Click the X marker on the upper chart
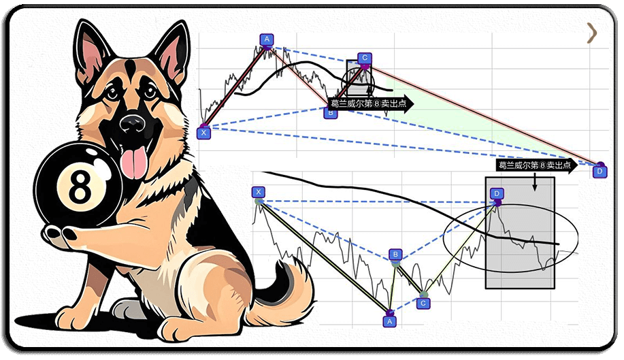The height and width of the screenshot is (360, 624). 203,133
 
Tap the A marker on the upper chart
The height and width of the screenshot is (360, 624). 267,39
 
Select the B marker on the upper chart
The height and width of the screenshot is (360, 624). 330,113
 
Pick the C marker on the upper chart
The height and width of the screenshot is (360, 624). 365,58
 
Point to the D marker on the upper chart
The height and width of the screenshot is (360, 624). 600,172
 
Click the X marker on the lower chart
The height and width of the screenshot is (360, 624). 259,192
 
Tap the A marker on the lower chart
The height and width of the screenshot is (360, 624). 390,321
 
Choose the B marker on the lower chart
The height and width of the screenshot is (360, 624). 395,255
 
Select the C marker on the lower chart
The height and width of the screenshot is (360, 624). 423,304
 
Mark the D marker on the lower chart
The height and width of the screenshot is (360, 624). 497,194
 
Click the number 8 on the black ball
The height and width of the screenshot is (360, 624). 80,186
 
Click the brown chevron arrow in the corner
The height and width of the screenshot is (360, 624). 592,33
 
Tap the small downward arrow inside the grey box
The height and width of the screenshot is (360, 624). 534,182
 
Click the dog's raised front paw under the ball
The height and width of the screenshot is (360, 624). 60,235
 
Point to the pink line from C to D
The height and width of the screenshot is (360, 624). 482,114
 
